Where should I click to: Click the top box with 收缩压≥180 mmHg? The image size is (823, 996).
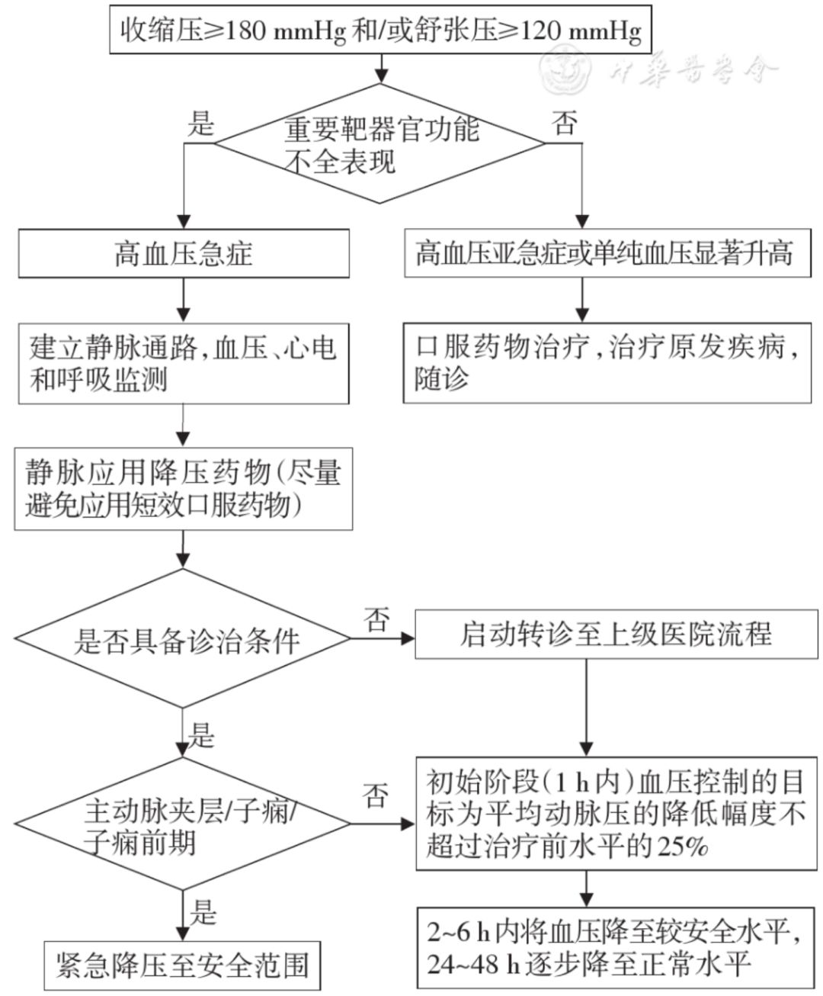381,30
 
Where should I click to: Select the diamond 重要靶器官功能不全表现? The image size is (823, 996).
379,143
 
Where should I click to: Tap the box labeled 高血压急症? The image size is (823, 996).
184,253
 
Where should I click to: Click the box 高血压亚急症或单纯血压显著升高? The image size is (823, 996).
607,253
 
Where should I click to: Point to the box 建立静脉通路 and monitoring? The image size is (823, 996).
184,364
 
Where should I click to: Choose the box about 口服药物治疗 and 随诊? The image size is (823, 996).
607,363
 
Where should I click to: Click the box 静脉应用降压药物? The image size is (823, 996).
184,489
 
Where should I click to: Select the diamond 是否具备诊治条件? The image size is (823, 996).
183,638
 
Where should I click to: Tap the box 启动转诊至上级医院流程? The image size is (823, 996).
616,635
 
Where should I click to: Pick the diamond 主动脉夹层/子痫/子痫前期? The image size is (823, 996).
183,824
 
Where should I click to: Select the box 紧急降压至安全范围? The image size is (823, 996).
183,965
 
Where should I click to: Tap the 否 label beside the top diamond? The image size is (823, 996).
565,123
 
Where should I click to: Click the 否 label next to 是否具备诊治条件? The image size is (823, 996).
376,619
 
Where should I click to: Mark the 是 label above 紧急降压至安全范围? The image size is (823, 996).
203,911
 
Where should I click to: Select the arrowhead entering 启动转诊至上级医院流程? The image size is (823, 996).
408,638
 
